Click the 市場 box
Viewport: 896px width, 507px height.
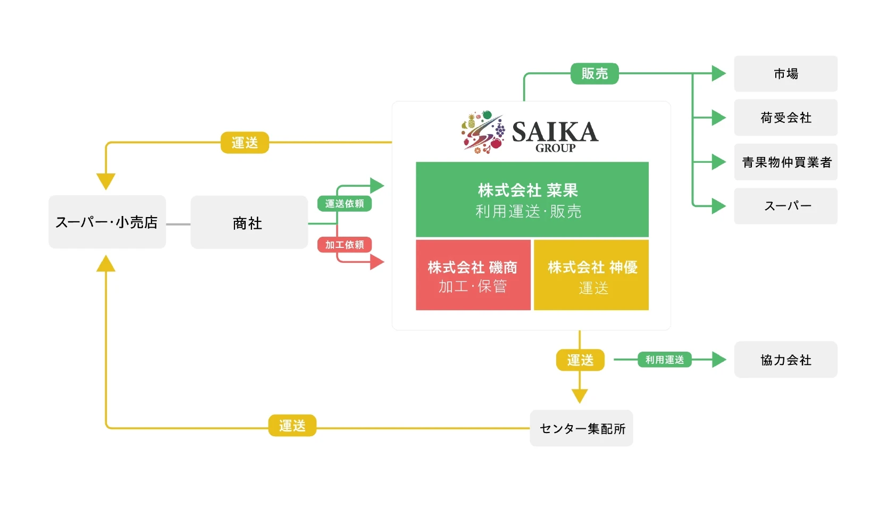(785, 73)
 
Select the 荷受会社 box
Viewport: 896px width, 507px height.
(785, 118)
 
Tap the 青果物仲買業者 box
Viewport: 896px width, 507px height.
(785, 162)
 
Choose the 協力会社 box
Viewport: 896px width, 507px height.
(785, 360)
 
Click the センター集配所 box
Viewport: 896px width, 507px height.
(581, 428)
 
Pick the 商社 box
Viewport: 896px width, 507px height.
(249, 222)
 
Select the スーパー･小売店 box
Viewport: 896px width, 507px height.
(107, 222)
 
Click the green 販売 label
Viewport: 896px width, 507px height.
(594, 73)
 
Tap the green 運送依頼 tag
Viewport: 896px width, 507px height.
(344, 203)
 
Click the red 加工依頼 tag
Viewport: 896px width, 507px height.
(344, 245)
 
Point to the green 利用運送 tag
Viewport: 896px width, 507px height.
(664, 360)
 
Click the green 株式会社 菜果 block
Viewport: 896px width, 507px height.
(532, 200)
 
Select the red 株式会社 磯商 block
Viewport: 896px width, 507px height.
(473, 275)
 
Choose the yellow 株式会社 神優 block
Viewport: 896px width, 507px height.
(591, 275)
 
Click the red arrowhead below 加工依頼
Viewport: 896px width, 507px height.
(377, 262)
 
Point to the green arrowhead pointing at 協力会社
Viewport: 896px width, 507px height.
(719, 360)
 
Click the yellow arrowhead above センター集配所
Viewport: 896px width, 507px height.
(579, 396)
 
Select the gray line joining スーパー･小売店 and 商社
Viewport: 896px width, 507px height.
(178, 225)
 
